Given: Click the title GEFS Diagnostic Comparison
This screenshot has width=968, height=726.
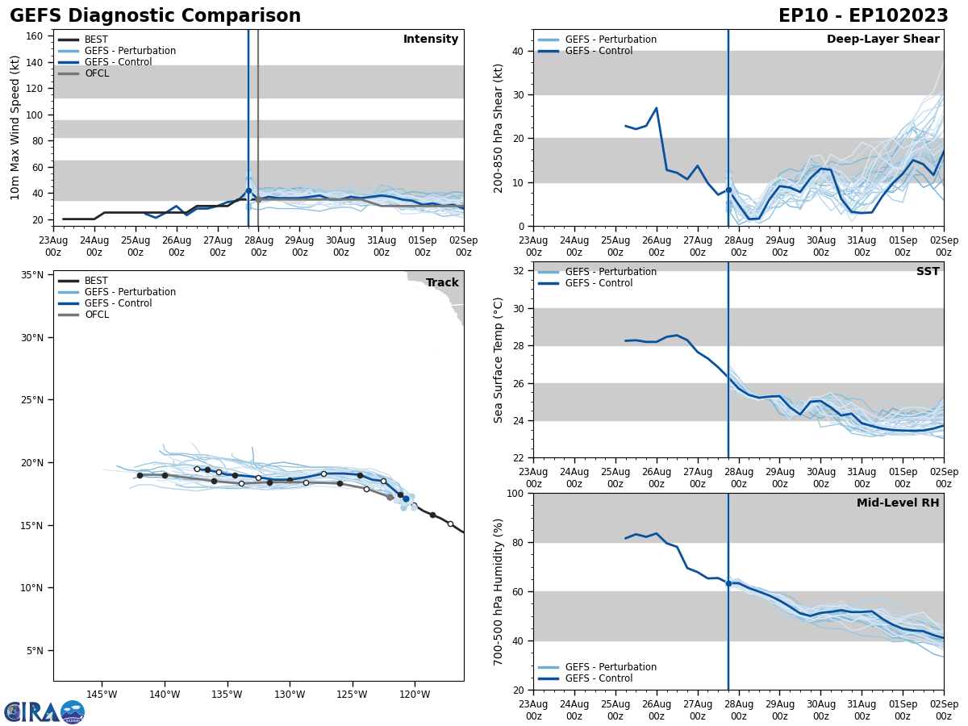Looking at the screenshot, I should point(155,16).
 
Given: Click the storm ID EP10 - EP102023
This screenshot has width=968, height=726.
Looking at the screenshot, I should point(863,16).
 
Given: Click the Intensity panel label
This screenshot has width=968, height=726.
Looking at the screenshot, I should point(431,40).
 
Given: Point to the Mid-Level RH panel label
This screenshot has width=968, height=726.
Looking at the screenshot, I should point(898,503).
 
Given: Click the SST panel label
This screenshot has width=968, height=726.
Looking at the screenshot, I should point(928,272).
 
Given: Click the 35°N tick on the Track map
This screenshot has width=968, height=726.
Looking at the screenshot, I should point(32,275).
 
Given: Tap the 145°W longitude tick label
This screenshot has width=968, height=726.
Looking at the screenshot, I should point(102,694).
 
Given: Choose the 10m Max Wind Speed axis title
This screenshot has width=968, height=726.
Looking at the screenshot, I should point(15,127).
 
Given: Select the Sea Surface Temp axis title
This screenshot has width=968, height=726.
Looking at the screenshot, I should point(499,360).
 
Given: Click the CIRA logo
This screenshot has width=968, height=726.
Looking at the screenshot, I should point(44,711).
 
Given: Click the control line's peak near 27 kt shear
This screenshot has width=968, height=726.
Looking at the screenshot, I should point(656,108).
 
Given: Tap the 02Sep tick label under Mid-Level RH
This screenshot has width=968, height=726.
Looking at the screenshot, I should point(943,710).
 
